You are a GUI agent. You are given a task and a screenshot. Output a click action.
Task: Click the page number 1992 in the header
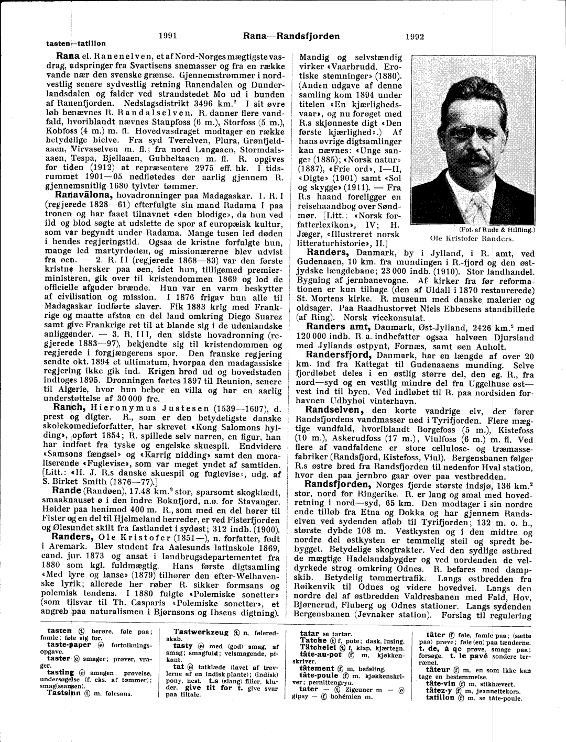point(415,37)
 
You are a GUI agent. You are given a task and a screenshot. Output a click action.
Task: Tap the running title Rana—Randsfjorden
point(291,36)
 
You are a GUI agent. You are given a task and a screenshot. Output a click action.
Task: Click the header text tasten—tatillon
point(75,43)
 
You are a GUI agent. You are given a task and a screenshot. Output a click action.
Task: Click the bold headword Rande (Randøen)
point(66,491)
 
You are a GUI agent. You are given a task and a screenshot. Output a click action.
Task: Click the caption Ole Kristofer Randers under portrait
point(471,238)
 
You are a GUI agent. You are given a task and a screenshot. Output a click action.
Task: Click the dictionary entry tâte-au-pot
point(320,655)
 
